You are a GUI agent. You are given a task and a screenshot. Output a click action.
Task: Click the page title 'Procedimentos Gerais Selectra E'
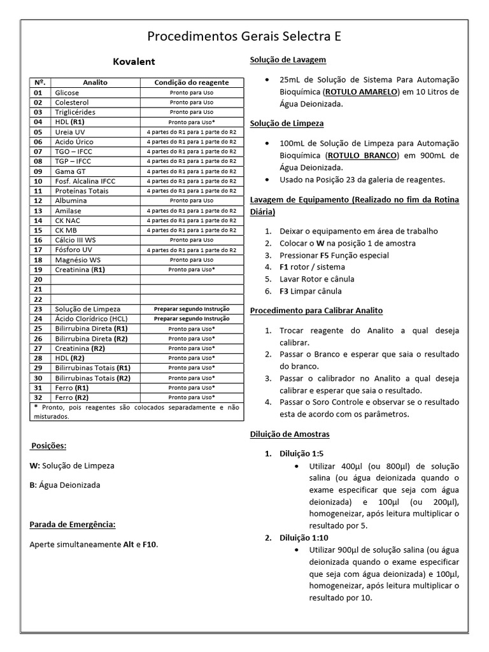tap(244, 36)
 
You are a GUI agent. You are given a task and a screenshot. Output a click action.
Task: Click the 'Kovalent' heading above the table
tap(134, 62)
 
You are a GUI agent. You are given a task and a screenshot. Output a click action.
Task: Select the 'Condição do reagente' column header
tap(191, 83)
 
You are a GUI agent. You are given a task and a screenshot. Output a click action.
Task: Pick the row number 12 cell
tap(38, 201)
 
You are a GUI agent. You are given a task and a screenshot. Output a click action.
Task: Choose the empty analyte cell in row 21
tap(96, 289)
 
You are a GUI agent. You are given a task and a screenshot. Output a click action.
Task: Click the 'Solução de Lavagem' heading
tap(288, 60)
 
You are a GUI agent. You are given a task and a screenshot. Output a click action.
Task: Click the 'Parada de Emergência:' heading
tap(73, 525)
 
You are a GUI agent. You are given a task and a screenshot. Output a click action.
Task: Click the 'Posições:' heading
tap(48, 446)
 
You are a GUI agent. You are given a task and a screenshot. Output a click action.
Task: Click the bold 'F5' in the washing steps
tap(325, 255)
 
